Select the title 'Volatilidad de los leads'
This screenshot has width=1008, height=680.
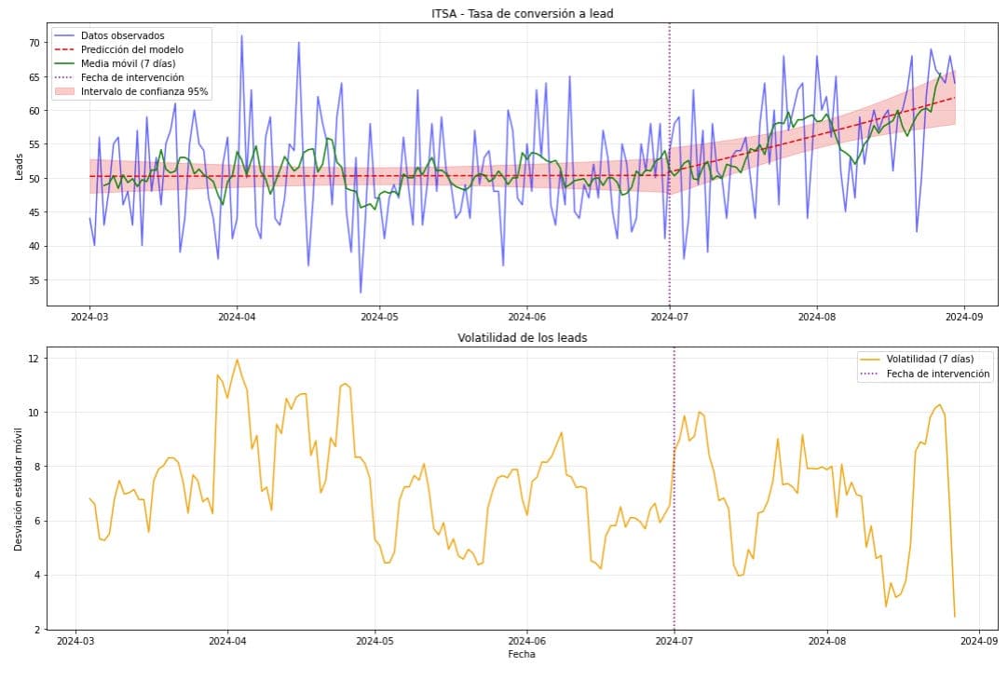pyautogui.click(x=522, y=337)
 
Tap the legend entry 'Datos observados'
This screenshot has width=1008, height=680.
pyautogui.click(x=122, y=35)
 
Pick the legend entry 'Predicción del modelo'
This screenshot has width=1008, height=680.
pyautogui.click(x=132, y=49)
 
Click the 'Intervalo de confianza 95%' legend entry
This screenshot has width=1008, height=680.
pyautogui.click(x=144, y=91)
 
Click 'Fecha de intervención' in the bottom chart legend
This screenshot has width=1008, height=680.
pyautogui.click(x=939, y=374)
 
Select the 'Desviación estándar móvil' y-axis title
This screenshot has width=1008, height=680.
pyautogui.click(x=20, y=488)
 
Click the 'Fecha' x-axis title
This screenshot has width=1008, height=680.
pyautogui.click(x=522, y=654)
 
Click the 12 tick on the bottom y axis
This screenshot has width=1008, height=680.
pyautogui.click(x=33, y=359)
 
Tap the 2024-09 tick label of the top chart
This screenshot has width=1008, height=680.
pyautogui.click(x=962, y=317)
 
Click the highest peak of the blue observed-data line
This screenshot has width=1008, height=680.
pyautogui.click(x=241, y=35)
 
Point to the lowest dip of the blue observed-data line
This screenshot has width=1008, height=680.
pyautogui.click(x=361, y=292)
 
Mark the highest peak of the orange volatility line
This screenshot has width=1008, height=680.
pyautogui.click(x=237, y=360)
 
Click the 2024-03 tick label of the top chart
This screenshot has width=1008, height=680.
pyautogui.click(x=89, y=317)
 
